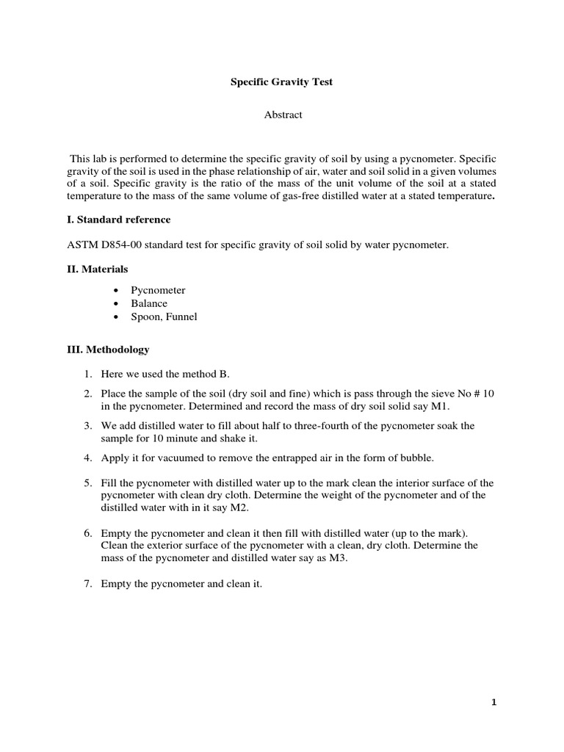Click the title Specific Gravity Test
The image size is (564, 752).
pyautogui.click(x=283, y=82)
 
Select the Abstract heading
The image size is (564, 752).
pyautogui.click(x=283, y=115)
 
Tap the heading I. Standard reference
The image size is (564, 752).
pyautogui.click(x=119, y=220)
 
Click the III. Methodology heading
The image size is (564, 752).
pyautogui.click(x=108, y=350)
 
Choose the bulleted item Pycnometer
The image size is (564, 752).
pyautogui.click(x=157, y=290)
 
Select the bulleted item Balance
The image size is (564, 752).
pyautogui.click(x=150, y=303)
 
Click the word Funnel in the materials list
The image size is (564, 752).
pyautogui.click(x=181, y=317)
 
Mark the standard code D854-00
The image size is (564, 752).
pyautogui.click(x=121, y=245)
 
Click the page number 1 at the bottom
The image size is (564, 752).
pyautogui.click(x=494, y=702)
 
